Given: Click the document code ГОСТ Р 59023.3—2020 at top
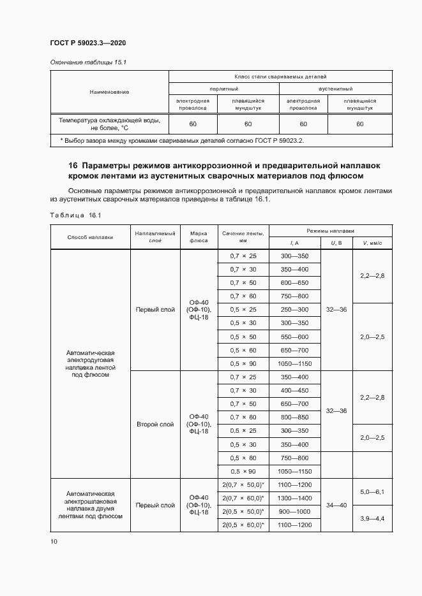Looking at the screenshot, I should (x=87, y=43).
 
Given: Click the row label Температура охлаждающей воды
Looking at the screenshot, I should (x=110, y=123).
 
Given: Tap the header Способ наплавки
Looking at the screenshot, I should (x=90, y=236).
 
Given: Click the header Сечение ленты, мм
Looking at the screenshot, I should (x=243, y=237).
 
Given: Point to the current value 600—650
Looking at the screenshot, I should (x=294, y=282).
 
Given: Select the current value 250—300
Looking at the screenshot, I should (x=294, y=309).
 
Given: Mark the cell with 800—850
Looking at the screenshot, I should (x=294, y=417).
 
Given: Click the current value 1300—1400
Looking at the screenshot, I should (x=294, y=498).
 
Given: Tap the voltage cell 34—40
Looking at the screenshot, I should (x=336, y=504).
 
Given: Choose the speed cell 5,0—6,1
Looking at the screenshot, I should (x=372, y=491).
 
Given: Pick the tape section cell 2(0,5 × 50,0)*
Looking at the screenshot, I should (x=243, y=511).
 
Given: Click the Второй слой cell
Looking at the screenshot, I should (x=155, y=424).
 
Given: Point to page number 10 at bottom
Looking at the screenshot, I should (x=54, y=542).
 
